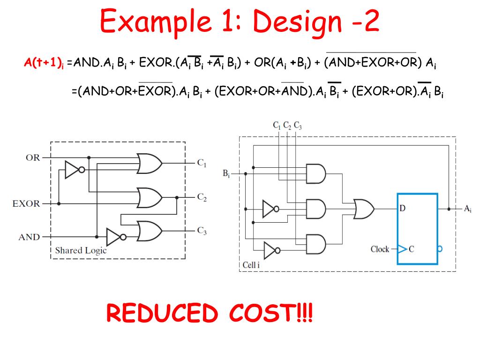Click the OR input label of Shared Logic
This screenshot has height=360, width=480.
coord(33,157)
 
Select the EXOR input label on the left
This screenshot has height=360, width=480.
coord(26,204)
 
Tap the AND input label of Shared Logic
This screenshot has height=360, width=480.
coord(29,237)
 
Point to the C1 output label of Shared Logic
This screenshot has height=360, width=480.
coord(202,163)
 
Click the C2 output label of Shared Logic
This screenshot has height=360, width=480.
coord(202,197)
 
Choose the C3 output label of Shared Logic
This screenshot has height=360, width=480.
coord(202,230)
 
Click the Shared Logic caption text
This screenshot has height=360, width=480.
coord(81,250)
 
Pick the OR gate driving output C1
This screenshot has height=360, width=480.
coord(150,163)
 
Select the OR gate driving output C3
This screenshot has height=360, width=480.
coord(150,230)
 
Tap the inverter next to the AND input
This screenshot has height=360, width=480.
coord(115,237)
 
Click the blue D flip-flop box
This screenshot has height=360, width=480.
coord(417,228)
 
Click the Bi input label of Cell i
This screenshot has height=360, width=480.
coord(226,174)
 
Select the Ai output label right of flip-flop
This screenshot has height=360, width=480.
coord(467,209)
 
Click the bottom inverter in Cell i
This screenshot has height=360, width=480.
coord(271,250)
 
